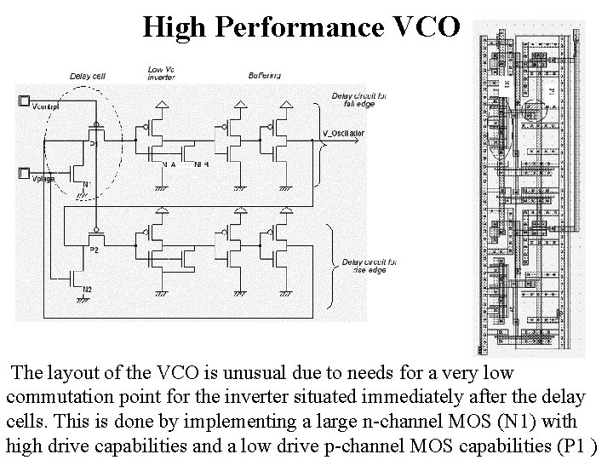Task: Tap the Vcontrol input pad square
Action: [23, 101]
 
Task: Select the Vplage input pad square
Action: [23, 173]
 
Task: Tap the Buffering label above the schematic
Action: [265, 76]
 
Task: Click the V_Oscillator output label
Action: [343, 134]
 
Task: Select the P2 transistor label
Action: [95, 250]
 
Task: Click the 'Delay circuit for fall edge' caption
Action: [358, 100]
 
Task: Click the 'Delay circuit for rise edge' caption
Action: [363, 266]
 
